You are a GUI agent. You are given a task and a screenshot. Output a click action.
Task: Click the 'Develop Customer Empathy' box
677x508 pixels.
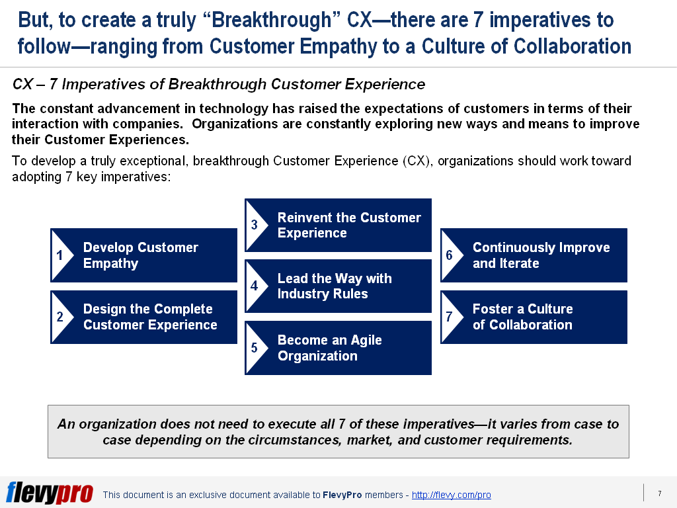(x=143, y=255)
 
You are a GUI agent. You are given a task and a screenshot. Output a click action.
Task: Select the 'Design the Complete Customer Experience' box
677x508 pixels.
(x=143, y=317)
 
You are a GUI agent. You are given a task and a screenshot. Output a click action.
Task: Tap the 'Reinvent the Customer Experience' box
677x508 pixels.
(x=338, y=225)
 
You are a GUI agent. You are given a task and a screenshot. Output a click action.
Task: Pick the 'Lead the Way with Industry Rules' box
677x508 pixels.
(x=338, y=286)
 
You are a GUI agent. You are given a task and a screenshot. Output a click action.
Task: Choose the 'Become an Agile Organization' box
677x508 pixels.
(x=338, y=348)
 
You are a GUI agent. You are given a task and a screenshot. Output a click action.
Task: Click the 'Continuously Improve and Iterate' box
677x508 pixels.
(x=534, y=255)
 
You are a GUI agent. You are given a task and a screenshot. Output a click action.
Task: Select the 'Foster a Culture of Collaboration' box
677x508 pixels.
(x=534, y=317)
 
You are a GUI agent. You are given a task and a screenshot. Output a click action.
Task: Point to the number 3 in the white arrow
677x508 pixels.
(x=255, y=225)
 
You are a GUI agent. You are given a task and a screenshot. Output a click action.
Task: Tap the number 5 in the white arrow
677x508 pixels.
(x=255, y=348)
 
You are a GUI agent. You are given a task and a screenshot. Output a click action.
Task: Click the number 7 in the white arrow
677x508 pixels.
(x=449, y=317)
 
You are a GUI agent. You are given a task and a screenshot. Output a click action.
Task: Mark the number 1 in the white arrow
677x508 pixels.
(x=60, y=255)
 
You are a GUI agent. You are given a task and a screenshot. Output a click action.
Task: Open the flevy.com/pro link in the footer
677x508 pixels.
(x=451, y=495)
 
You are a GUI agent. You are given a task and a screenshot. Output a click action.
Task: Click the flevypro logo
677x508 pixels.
(x=50, y=492)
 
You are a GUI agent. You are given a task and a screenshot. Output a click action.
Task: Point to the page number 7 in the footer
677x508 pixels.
(x=660, y=493)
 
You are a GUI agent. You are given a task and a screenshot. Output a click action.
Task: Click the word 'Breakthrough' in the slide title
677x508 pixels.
(x=271, y=20)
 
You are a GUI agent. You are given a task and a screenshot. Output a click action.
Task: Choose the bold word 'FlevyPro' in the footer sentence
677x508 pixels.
(x=342, y=495)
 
